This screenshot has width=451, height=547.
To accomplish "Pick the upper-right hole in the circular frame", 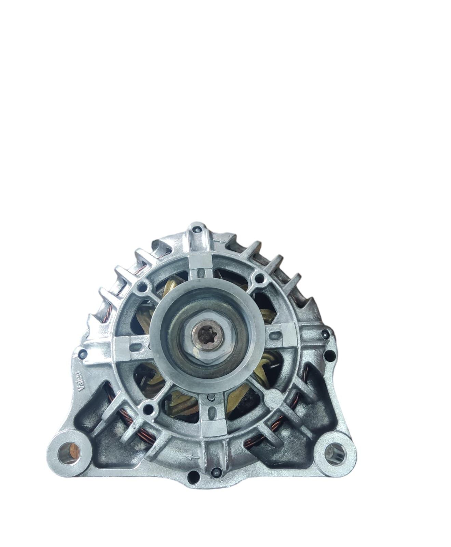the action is click(260, 277).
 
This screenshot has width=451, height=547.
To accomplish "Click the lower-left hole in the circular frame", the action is click(148, 408).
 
